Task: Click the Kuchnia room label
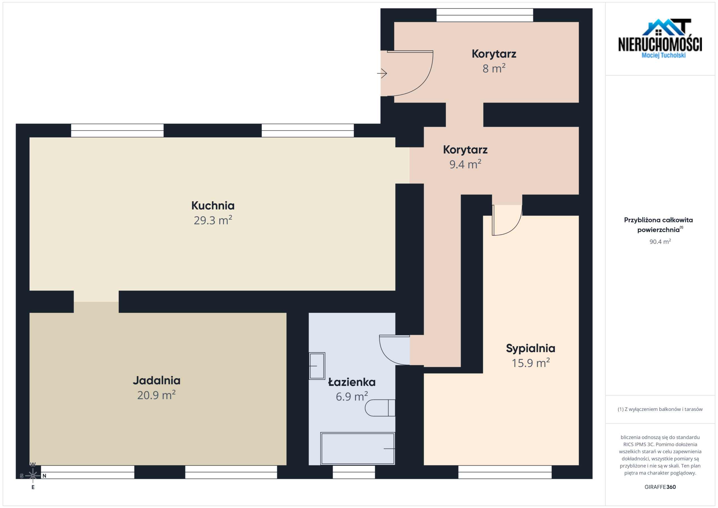213,206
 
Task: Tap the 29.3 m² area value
213,220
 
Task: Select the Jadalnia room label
157,380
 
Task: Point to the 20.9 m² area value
156,395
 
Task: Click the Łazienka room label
352,382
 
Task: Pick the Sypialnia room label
531,348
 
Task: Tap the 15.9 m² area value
531,362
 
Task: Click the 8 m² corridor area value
494,68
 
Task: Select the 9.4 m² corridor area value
465,164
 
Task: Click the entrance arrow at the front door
382,73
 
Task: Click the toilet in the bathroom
380,408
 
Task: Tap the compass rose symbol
33,475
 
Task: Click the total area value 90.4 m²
660,242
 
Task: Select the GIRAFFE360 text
660,487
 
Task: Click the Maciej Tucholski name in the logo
664,55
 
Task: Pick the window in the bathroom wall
354,472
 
